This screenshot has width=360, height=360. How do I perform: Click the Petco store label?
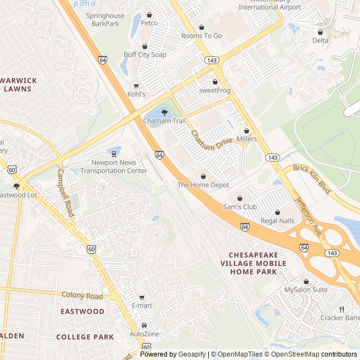pyautogui.click(x=149, y=23)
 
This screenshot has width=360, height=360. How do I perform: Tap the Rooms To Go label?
pyautogui.click(x=201, y=36)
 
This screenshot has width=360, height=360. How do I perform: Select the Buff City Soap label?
pyautogui.click(x=145, y=55)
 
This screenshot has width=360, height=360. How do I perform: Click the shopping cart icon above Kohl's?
pyautogui.click(x=136, y=86)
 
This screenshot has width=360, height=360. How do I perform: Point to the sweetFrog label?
pyautogui.click(x=215, y=91)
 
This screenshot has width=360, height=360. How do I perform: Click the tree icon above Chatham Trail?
pyautogui.click(x=164, y=113)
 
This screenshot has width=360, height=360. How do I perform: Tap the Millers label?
pyautogui.click(x=246, y=139)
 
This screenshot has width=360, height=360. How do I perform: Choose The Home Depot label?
pyautogui.click(x=203, y=184)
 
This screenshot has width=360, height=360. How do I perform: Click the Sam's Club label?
pyautogui.click(x=240, y=207)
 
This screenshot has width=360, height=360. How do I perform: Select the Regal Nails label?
pyautogui.click(x=277, y=221)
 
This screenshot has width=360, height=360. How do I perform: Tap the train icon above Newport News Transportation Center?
pyautogui.click(x=114, y=153)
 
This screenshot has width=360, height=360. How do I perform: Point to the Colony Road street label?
pyautogui.click(x=82, y=295)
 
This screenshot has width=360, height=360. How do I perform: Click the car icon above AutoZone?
pyautogui.click(x=145, y=326)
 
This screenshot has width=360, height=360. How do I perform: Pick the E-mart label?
pyautogui.click(x=142, y=305)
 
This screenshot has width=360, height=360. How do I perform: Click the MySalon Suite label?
pyautogui.click(x=305, y=290)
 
